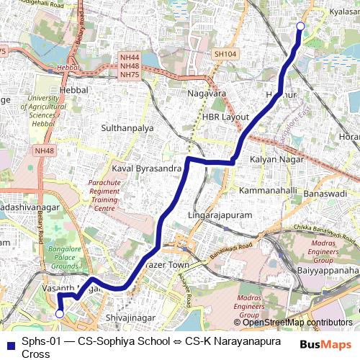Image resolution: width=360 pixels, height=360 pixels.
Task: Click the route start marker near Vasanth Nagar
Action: coord(60,314)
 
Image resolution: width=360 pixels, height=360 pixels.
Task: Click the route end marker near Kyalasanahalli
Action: coord(300,27)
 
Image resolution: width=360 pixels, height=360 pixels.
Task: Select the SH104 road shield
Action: coord(225,54)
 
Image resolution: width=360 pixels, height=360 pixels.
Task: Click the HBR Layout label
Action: coord(225,117)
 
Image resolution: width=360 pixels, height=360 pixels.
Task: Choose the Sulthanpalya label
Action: coord(127,127)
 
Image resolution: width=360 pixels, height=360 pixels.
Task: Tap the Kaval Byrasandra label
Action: coord(146,167)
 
